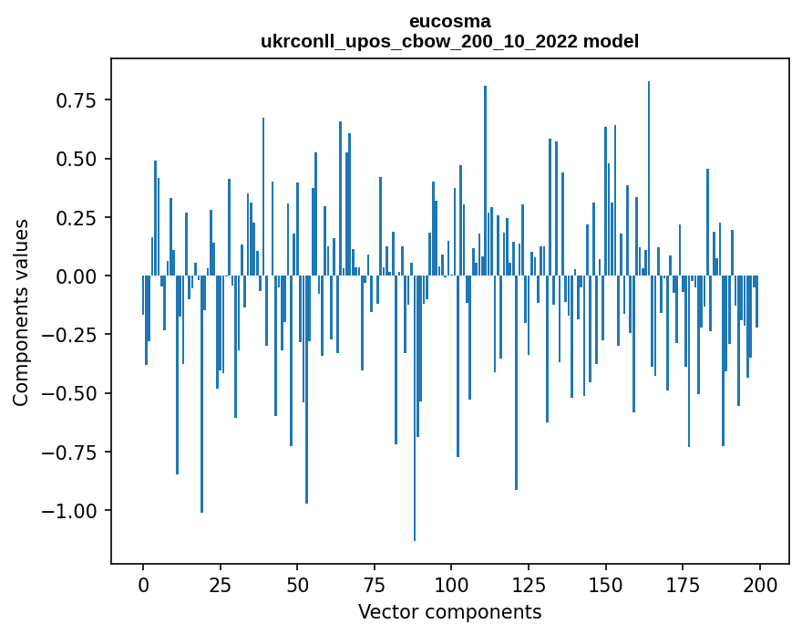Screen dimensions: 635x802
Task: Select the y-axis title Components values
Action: pos(21,311)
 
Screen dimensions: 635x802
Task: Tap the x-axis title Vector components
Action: pos(449,611)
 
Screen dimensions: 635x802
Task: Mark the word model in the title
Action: pos(614,41)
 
